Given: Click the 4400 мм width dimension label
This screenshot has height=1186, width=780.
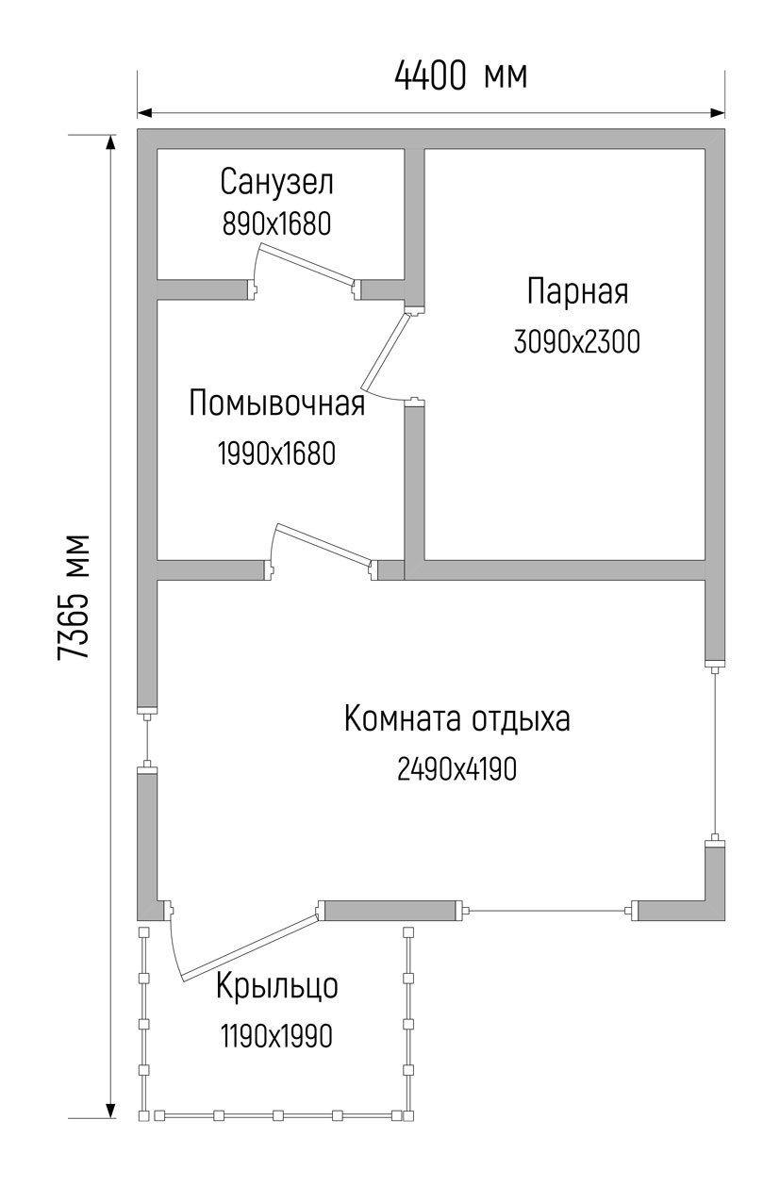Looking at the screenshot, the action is [460, 75].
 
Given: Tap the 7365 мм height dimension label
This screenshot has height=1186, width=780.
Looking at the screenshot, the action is [73, 598].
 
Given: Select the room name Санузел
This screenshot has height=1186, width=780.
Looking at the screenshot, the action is [277, 182].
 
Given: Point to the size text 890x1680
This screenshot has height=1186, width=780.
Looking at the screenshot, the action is [277, 223].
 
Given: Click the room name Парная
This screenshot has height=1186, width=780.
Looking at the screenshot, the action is [578, 291].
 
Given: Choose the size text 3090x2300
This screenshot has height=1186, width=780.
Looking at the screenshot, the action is [577, 341].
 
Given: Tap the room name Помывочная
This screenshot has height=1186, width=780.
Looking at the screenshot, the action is [277, 404].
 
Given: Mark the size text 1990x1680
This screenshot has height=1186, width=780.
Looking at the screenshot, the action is [277, 453].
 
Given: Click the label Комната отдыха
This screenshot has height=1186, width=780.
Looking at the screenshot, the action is [457, 719].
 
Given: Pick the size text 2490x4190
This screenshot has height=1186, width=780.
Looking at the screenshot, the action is [457, 768].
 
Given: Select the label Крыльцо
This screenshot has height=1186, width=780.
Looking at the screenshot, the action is [277, 986].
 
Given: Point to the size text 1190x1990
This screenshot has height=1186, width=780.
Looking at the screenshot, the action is [277, 1036].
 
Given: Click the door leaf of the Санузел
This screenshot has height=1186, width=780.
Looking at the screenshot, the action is [307, 263].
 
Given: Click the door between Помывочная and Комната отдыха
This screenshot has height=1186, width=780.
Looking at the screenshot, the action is [324, 543].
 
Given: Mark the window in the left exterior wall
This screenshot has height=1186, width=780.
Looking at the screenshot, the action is [147, 738].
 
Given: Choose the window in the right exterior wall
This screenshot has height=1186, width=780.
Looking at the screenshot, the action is [714, 751].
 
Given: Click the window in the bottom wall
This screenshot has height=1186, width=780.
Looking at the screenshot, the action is [546, 911].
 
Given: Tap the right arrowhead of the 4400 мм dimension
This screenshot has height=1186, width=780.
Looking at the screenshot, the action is [718, 113].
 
